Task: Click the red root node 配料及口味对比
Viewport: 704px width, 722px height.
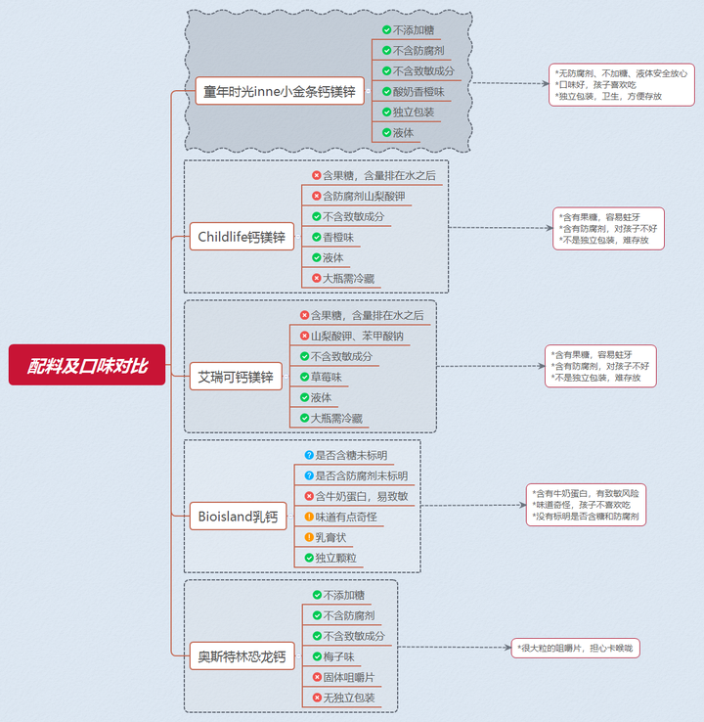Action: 87,365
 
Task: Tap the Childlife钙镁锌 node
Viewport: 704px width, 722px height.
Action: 242,236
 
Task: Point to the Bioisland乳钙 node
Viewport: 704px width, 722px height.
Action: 238,516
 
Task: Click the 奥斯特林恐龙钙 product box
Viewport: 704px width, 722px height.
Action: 241,656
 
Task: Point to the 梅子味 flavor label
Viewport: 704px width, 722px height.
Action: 331,655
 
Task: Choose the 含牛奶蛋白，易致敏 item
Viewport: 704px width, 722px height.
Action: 361,496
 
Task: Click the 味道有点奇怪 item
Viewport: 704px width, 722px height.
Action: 345,517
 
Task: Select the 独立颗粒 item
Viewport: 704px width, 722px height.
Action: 335,558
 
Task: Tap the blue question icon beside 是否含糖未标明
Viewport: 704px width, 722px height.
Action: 309,455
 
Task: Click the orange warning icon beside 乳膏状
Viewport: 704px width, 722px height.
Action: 309,537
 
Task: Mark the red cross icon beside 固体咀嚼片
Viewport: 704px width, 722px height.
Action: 317,677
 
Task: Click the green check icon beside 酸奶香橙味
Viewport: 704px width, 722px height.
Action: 387,91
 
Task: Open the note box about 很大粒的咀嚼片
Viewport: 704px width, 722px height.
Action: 576,648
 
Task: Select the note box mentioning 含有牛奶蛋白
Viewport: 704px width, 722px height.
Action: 586,504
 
